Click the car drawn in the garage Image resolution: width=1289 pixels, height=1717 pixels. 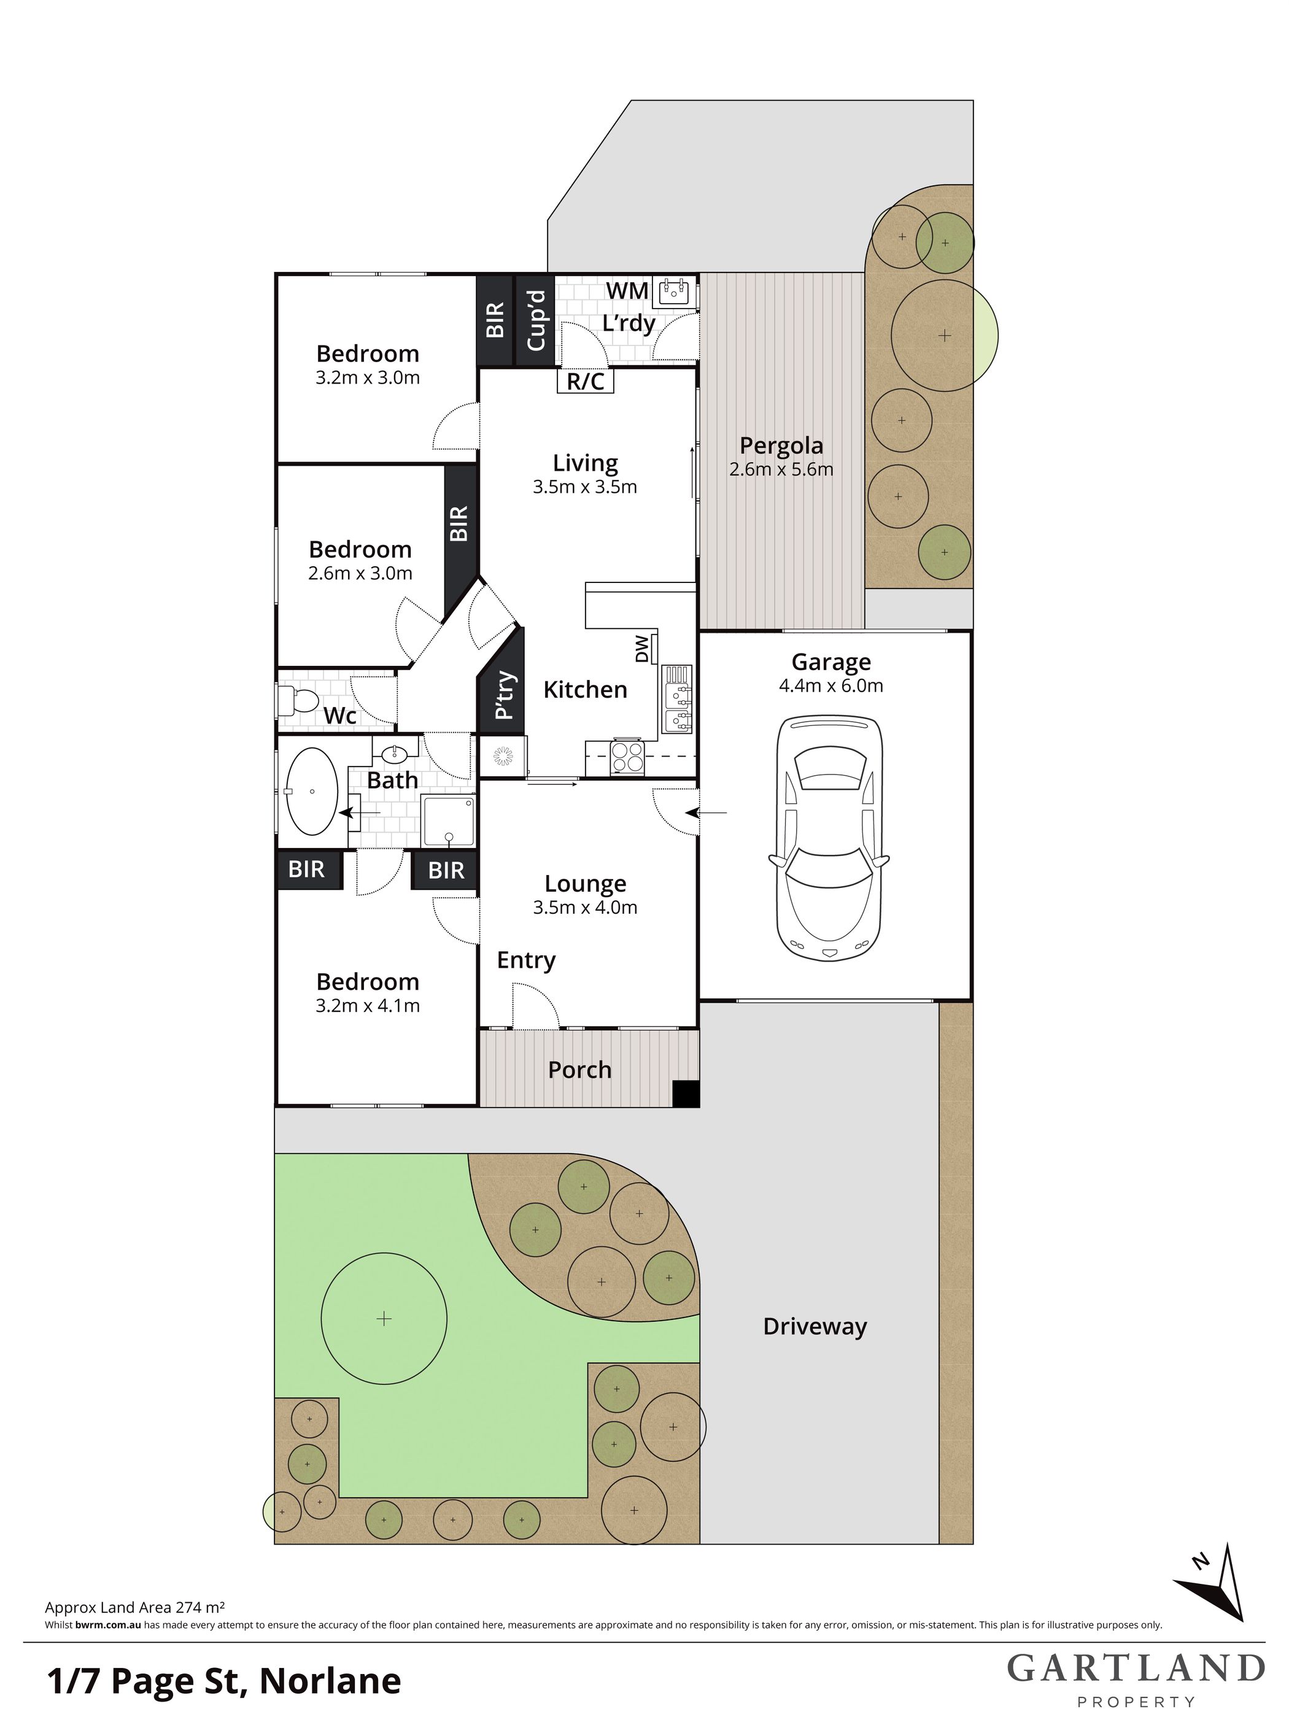pyautogui.click(x=829, y=838)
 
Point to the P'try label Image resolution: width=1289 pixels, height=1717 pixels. pyautogui.click(x=504, y=695)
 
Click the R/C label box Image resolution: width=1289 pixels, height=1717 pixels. pyautogui.click(x=586, y=381)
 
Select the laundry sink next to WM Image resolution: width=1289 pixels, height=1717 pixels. pyautogui.click(x=674, y=293)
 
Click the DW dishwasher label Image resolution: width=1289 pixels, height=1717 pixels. pyautogui.click(x=642, y=649)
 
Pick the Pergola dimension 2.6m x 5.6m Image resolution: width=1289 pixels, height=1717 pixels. pyautogui.click(x=781, y=469)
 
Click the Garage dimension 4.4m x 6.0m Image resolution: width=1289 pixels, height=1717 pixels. pyautogui.click(x=831, y=686)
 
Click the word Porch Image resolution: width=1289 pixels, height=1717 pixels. pyautogui.click(x=579, y=1070)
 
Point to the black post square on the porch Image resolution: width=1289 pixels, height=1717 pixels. pyautogui.click(x=686, y=1093)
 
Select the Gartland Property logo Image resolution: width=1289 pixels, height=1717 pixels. pyautogui.click(x=1136, y=1679)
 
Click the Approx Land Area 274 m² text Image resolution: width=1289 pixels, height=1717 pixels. pyautogui.click(x=135, y=1608)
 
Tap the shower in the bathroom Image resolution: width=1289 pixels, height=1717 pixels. pyautogui.click(x=448, y=820)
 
